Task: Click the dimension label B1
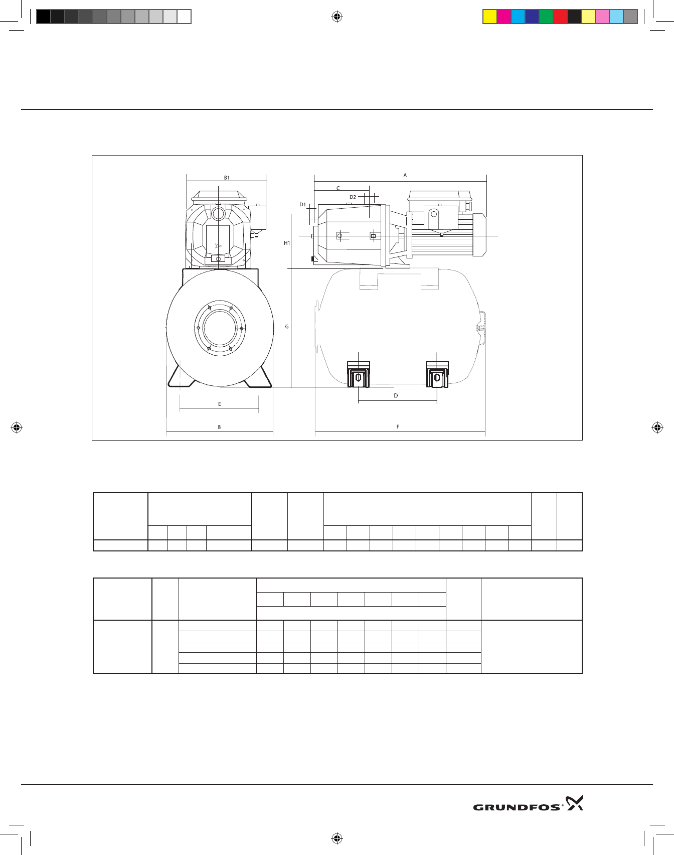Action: [227, 178]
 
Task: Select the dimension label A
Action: [405, 175]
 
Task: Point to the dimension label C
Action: [338, 188]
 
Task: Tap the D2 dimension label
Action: [353, 197]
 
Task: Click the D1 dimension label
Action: [302, 204]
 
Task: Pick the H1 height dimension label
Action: [287, 243]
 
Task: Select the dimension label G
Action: [287, 327]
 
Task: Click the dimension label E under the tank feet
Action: [219, 404]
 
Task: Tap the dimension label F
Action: [398, 427]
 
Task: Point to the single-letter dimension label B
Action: [219, 427]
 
